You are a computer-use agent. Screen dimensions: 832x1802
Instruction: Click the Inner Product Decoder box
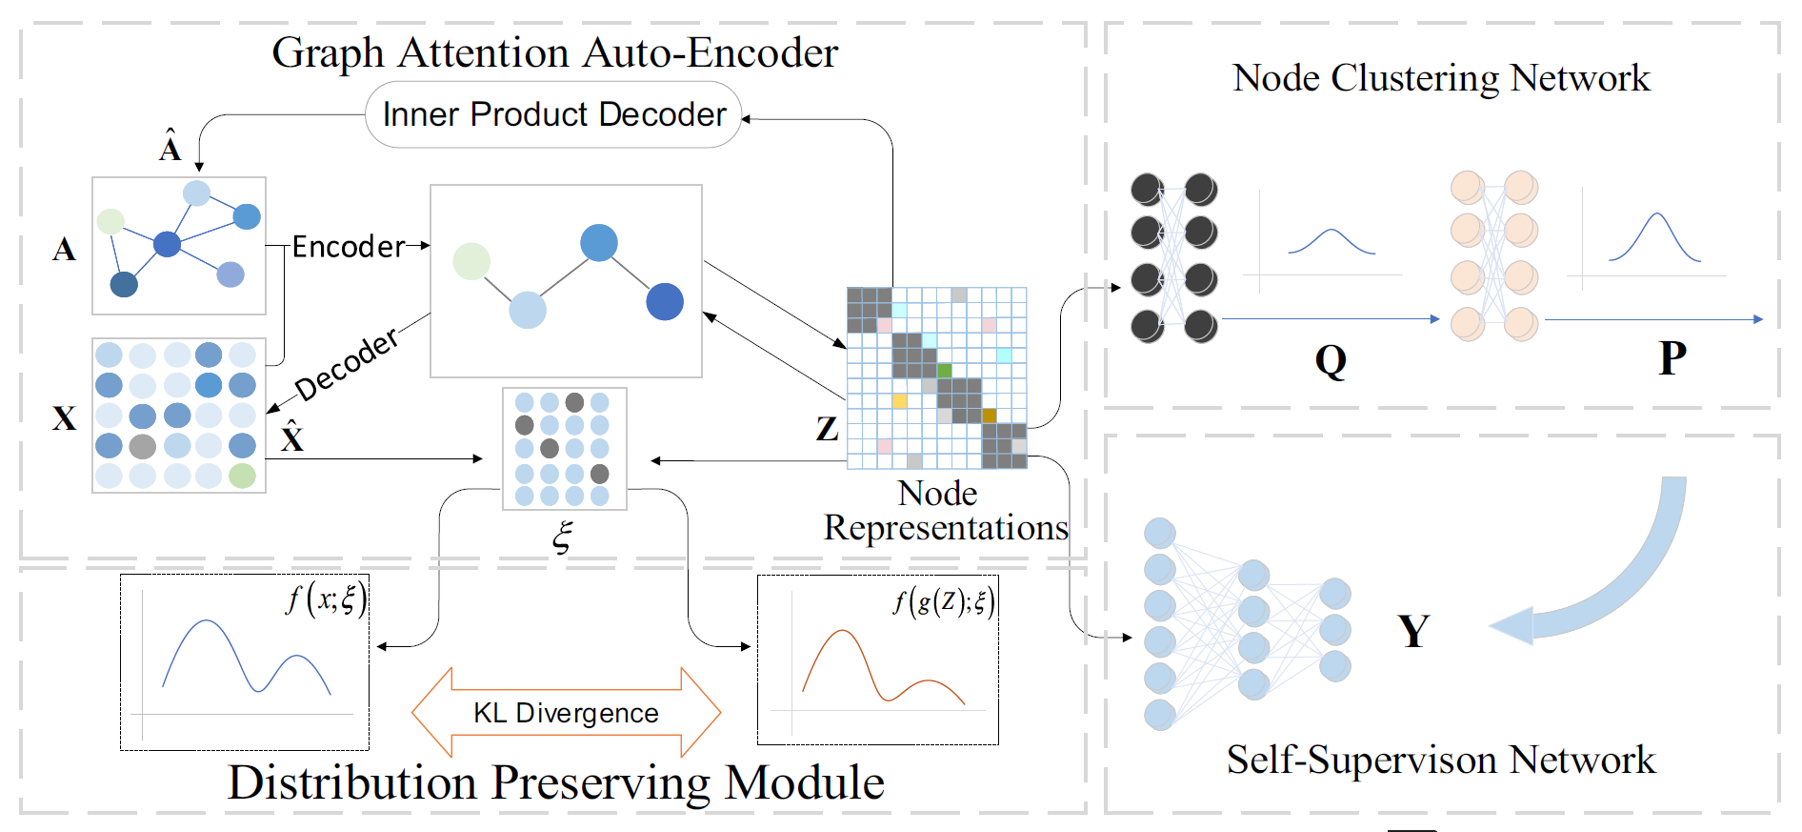coord(553,114)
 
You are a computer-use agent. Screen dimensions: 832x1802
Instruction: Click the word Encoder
coord(348,247)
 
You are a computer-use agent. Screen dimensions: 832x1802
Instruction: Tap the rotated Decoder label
coord(346,365)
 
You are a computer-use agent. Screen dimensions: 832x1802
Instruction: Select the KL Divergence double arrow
coord(566,713)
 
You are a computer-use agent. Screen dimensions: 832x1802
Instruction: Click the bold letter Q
coord(1331,361)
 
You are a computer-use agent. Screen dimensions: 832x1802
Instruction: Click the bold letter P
coord(1672,358)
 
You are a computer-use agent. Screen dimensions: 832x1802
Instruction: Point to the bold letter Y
coord(1413,631)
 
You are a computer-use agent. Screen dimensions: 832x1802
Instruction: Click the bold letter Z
coord(827,429)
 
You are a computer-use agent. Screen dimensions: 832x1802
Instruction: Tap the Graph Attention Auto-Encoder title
coord(554,52)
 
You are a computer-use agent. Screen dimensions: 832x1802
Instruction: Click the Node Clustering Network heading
coord(1440,78)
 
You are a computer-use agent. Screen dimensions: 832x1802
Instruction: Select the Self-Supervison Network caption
coord(1440,761)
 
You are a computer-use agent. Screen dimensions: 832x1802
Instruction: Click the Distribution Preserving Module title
coord(556,782)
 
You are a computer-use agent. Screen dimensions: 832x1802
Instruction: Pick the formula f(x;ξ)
coord(326,599)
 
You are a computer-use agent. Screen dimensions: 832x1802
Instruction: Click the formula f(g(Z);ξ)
coord(943,601)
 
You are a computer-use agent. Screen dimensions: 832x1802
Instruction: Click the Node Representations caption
coord(945,511)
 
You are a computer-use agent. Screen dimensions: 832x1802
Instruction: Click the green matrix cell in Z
coord(945,370)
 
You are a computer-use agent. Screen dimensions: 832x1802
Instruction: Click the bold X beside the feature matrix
coord(64,418)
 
